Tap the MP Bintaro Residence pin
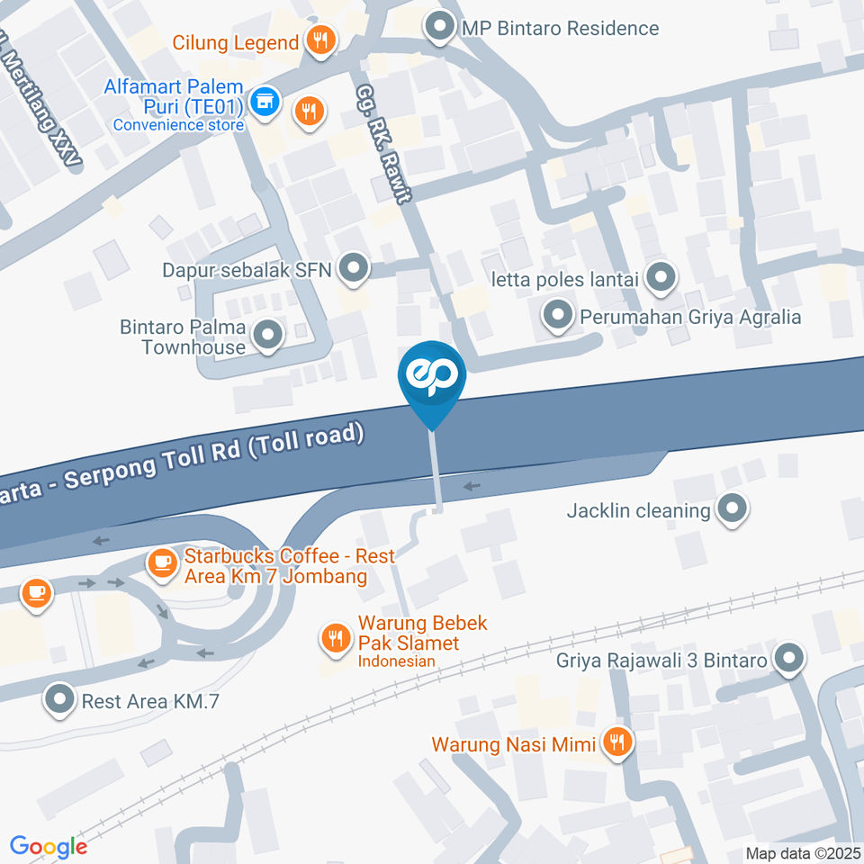(x=440, y=27)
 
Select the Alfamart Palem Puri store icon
(x=264, y=101)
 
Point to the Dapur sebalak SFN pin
(x=355, y=268)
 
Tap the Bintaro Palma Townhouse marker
(x=267, y=336)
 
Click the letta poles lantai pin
(x=661, y=278)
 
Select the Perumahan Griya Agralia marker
(x=558, y=316)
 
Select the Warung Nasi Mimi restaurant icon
(x=617, y=742)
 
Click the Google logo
(x=49, y=847)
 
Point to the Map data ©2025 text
(x=802, y=853)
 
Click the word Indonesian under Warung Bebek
(x=397, y=661)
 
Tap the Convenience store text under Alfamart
(x=178, y=125)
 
